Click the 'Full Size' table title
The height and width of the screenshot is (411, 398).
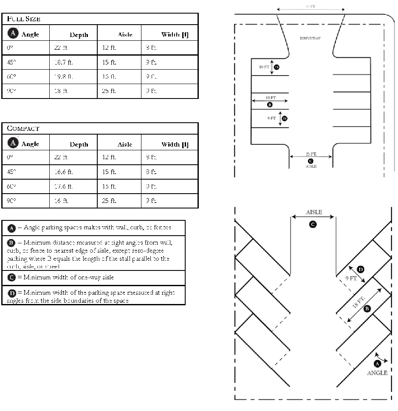(24, 19)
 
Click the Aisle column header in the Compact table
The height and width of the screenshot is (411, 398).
(125, 144)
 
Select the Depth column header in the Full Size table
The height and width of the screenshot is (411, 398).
(79, 35)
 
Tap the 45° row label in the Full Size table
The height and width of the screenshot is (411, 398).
(11, 62)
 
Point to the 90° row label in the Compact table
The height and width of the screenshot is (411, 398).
(11, 201)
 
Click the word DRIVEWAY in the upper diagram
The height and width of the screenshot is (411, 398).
(310, 38)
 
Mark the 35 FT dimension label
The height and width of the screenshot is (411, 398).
(310, 7)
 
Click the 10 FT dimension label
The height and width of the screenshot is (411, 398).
(264, 67)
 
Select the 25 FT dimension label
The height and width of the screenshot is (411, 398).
(311, 154)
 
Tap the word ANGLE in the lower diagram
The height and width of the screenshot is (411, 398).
(377, 373)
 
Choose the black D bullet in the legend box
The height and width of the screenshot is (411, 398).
(12, 293)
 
